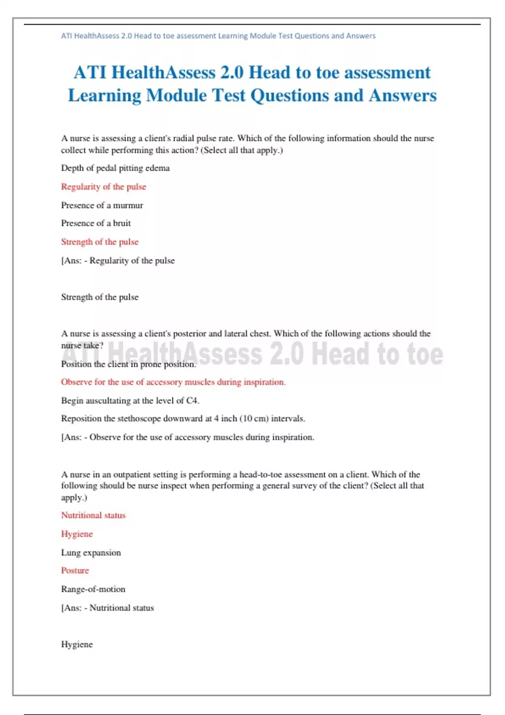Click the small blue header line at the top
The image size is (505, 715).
click(218, 36)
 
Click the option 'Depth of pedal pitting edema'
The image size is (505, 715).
click(115, 168)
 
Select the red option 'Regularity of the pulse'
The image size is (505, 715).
click(104, 187)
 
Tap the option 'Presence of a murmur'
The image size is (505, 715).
click(102, 205)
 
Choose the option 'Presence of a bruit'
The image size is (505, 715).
click(96, 223)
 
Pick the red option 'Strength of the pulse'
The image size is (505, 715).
click(100, 242)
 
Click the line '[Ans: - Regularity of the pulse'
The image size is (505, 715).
click(118, 261)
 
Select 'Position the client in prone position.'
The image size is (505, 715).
click(128, 364)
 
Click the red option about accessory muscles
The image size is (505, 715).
click(173, 382)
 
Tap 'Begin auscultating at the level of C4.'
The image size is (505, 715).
click(130, 401)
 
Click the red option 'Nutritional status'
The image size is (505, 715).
click(93, 516)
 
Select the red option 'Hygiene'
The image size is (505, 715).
click(77, 534)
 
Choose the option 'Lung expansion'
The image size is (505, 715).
click(91, 553)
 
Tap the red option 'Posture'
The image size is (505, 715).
click(75, 571)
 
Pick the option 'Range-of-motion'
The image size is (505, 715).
click(93, 589)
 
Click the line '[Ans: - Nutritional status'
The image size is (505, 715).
click(107, 608)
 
